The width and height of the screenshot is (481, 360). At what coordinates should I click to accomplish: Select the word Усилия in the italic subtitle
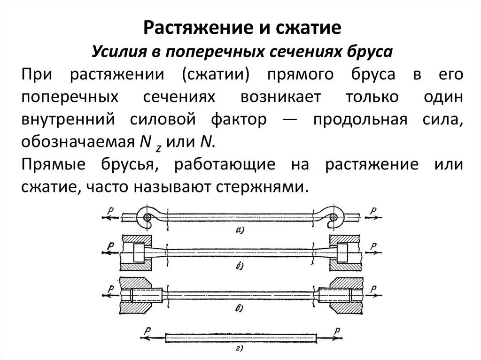(116, 51)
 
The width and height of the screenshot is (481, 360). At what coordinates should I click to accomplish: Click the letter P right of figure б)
(373, 245)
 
